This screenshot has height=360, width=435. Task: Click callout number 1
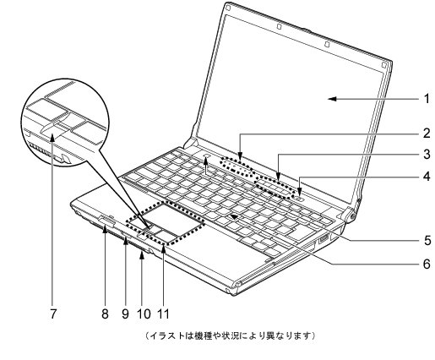427,99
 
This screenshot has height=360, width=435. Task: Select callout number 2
427,133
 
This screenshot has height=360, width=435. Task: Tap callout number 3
427,155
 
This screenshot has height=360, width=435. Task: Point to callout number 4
427,177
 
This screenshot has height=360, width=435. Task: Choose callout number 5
427,239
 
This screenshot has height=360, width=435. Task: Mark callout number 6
427,263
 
